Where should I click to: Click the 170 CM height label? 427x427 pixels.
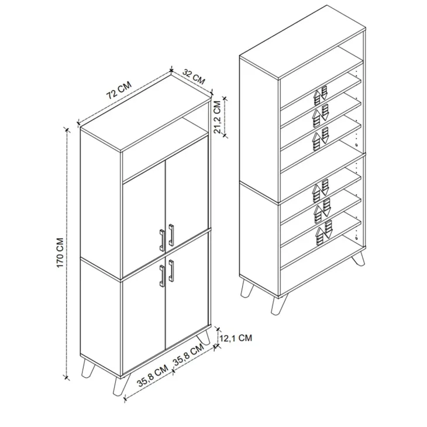[60, 253]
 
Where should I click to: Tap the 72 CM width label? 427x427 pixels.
[119, 90]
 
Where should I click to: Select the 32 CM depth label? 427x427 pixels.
[194, 77]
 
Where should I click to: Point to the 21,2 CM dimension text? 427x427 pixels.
[217, 117]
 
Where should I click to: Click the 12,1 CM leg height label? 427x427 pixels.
[236, 338]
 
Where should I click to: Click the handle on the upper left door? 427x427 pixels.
[162, 240]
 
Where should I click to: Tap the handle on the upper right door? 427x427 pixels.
[171, 235]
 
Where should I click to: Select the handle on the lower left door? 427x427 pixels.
[162, 276]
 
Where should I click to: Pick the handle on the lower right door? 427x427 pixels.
[171, 270]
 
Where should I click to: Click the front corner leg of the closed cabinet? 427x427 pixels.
[120, 385]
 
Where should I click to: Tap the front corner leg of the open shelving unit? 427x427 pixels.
[278, 305]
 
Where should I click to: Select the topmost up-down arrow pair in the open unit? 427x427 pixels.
[321, 96]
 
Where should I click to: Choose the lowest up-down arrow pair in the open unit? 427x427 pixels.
[323, 233]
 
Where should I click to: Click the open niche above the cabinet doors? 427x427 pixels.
[165, 149]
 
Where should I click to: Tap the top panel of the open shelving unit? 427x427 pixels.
[302, 42]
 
